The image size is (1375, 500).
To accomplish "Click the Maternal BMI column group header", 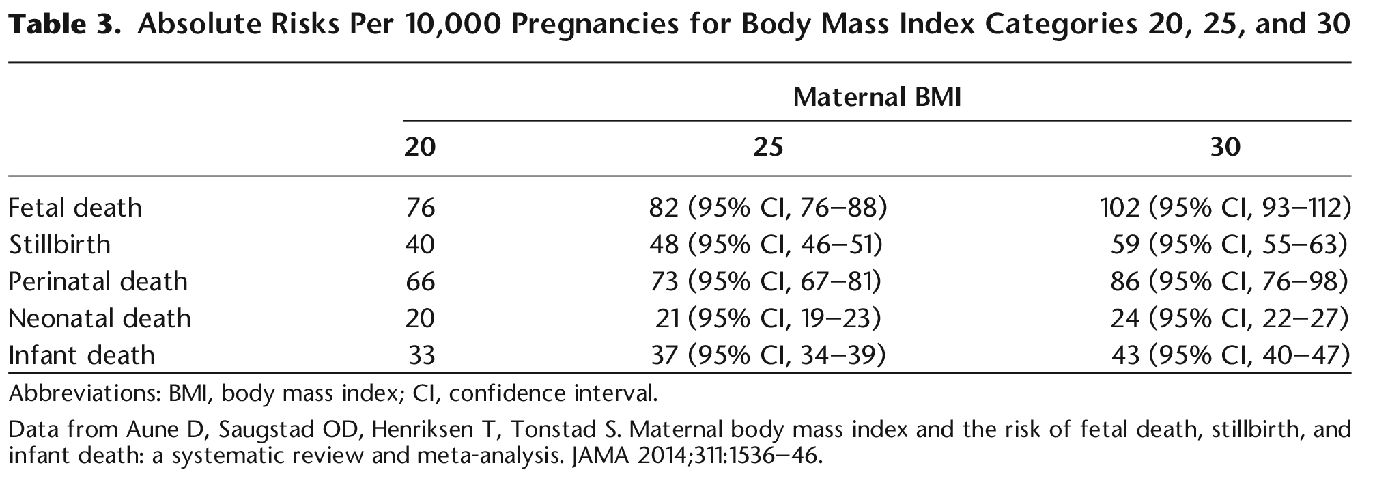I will [877, 98].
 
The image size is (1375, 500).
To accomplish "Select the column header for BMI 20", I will [420, 147].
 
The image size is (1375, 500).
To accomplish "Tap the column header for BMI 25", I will [767, 147].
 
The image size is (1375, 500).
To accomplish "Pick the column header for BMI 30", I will [1225, 147].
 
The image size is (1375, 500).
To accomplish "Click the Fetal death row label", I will [75, 208].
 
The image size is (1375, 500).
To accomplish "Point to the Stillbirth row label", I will [59, 245].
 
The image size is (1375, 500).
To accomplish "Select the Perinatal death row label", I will [98, 281].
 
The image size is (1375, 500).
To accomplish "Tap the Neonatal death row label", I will [100, 318].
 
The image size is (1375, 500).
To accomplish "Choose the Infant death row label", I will [81, 355].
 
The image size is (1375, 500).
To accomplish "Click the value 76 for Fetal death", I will [420, 208].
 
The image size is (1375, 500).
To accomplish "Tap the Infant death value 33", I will [421, 355].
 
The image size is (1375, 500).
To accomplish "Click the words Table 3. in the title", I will [67, 25].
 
